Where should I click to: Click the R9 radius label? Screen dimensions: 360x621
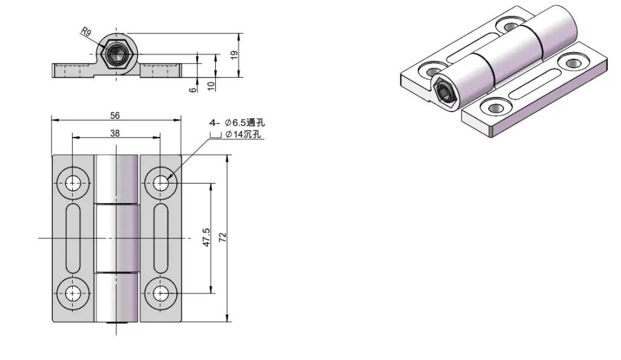click(x=86, y=33)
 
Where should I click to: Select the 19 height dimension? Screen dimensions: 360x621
click(x=234, y=55)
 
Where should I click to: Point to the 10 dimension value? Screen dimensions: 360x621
click(x=211, y=85)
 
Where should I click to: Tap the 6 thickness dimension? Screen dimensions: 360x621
click(x=193, y=88)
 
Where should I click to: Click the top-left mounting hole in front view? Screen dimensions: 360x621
click(x=73, y=182)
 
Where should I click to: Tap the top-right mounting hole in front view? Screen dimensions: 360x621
click(x=160, y=182)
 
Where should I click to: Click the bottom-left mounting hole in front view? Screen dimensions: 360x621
click(x=73, y=293)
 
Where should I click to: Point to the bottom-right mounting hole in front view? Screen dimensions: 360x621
click(x=160, y=293)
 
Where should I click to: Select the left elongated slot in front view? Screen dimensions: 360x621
click(x=73, y=238)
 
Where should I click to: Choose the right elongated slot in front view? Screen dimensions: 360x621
click(x=160, y=238)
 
